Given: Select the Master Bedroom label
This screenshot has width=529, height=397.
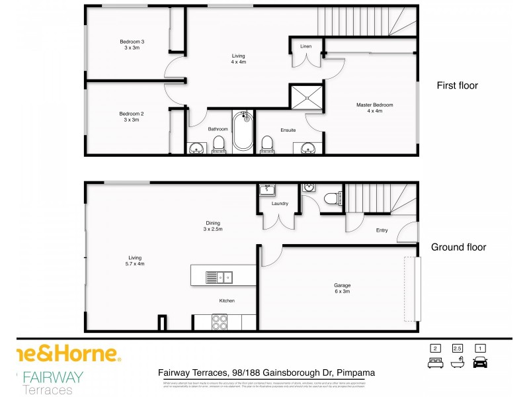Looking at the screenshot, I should click(375, 108).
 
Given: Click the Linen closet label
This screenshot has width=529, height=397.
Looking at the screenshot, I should click(305, 46).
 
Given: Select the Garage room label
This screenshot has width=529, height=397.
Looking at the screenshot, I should click(342, 289).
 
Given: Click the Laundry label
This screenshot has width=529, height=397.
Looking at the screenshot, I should click(278, 203).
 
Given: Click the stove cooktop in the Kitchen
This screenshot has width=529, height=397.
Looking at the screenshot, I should click(219, 322).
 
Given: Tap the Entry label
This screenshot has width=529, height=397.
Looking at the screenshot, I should click(382, 230).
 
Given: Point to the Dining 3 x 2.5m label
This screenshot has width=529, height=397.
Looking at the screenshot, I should click(212, 226).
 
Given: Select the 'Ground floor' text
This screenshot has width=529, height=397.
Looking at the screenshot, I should click(458, 247).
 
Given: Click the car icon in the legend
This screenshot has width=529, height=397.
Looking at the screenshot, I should click(481, 362).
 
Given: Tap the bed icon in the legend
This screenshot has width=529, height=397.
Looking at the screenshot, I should click(434, 362).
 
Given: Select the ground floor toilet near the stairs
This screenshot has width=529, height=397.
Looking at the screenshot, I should click(332, 197).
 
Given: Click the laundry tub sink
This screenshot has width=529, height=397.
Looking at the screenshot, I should click(267, 191).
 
